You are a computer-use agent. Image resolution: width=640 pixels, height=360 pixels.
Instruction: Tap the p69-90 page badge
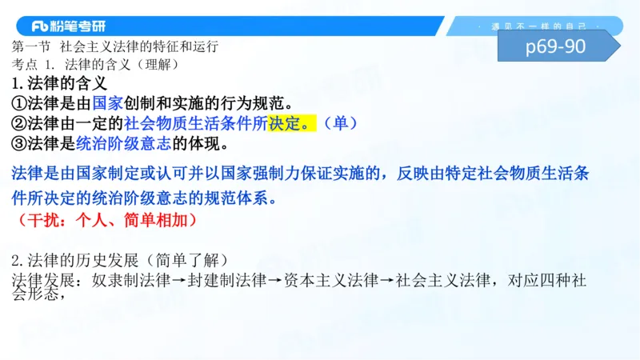coord(555,46)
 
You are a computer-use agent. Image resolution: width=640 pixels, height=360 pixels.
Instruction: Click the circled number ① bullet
coord(20,102)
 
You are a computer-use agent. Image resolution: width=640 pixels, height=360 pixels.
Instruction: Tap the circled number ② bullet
coord(20,123)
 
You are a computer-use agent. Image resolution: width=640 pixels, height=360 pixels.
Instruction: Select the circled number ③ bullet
coord(20,144)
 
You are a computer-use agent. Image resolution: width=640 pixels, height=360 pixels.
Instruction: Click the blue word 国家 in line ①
coord(108,102)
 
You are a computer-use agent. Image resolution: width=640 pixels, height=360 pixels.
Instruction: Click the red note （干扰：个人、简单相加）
coord(105,218)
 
